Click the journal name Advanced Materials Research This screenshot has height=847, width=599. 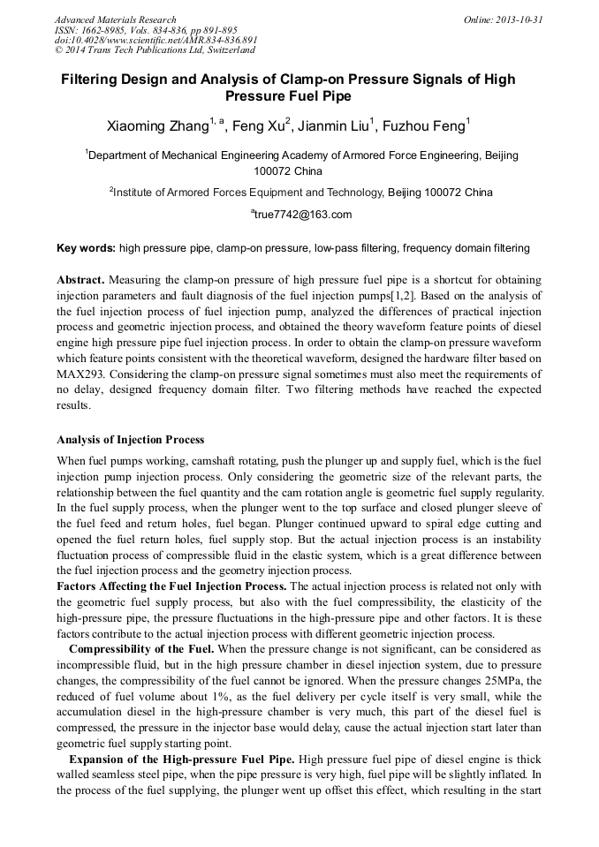click(116, 19)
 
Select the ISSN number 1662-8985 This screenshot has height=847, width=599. click(105, 29)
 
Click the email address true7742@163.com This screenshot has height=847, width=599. click(303, 215)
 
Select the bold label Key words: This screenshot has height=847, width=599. click(86, 248)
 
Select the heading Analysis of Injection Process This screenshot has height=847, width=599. click(130, 439)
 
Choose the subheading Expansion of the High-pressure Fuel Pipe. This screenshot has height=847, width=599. click(182, 759)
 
